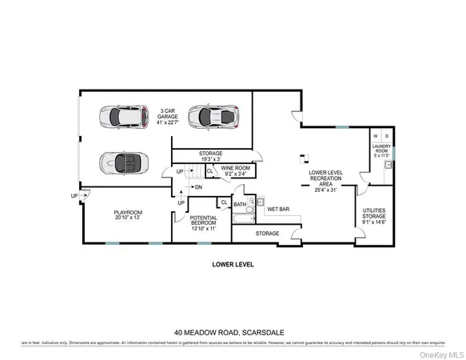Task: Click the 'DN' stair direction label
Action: (x=197, y=187)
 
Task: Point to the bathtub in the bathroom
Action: (x=243, y=218)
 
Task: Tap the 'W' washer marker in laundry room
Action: (x=376, y=136)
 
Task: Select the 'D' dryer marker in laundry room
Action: (x=387, y=136)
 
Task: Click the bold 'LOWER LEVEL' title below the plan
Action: (x=233, y=263)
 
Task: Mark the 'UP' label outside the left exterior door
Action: (x=74, y=196)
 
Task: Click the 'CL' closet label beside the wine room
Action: (x=209, y=170)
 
